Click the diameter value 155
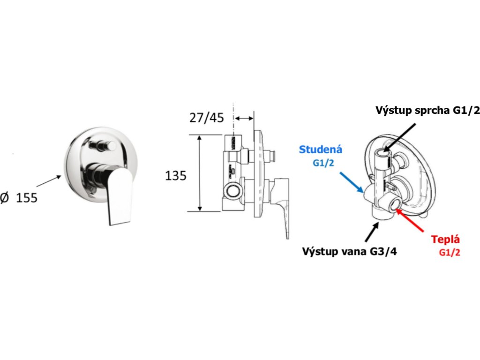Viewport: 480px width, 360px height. [x=27, y=198]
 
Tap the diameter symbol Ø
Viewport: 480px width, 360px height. [x=5, y=198]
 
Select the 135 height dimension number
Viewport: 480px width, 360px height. [x=176, y=176]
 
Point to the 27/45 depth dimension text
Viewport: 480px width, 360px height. [x=206, y=118]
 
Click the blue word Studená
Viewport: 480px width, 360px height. [x=321, y=150]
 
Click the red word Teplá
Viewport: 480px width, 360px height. [x=446, y=240]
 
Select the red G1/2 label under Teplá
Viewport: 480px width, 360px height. [x=450, y=252]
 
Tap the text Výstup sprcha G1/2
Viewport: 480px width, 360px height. [x=428, y=110]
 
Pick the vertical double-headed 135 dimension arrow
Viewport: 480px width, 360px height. [x=200, y=173]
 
